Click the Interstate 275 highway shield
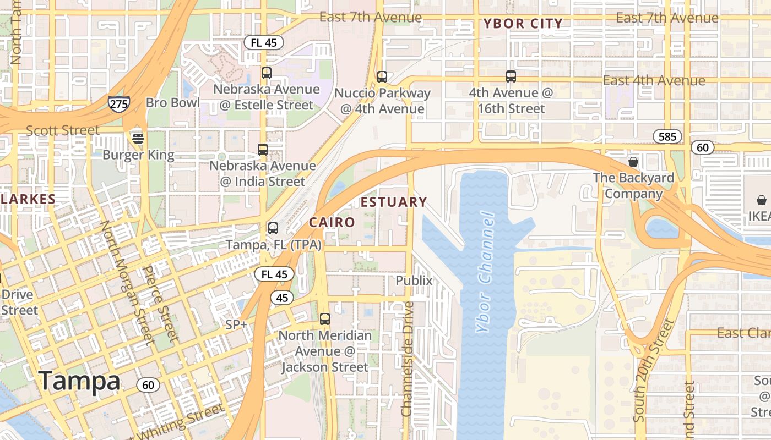[x=118, y=104]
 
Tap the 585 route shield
[x=667, y=136]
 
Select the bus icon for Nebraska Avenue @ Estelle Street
[x=267, y=73]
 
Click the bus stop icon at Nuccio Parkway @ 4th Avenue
[x=382, y=77]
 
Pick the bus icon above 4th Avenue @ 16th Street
[x=511, y=76]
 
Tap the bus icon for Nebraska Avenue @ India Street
[x=263, y=150]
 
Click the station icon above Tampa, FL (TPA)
[x=273, y=228]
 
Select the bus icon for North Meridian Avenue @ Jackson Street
[x=325, y=319]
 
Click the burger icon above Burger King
[x=138, y=138]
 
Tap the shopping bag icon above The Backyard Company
[x=633, y=162]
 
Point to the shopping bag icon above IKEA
[x=761, y=200]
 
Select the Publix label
[x=414, y=280]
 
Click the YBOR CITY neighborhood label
[x=523, y=24]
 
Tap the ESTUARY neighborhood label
[x=394, y=202]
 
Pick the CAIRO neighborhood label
[x=332, y=223]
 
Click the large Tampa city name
[x=79, y=381]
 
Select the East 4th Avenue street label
[x=654, y=81]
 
